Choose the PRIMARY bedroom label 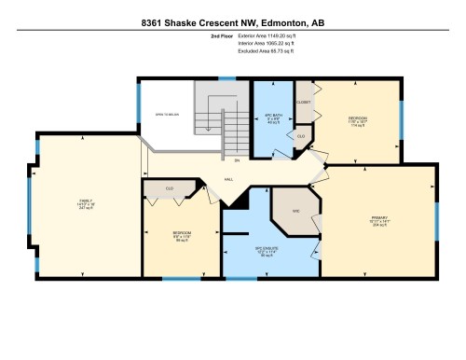[378, 217]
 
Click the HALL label [228, 179]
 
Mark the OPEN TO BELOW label [167, 115]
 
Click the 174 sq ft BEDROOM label [358, 118]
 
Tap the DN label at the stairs [237, 161]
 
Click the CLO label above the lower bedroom [170, 188]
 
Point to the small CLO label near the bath [300, 136]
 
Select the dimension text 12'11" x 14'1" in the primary [378, 222]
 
